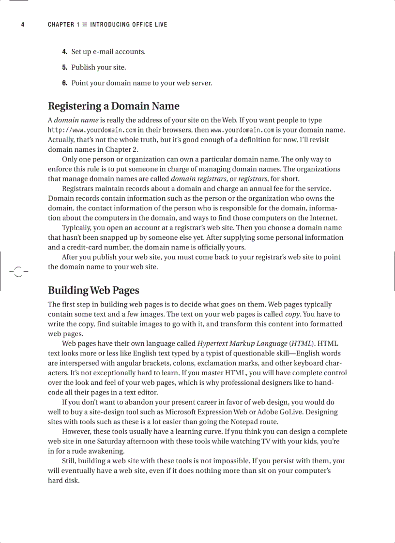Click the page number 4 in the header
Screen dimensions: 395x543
[23, 25]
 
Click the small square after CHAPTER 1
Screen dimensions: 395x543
[85, 25]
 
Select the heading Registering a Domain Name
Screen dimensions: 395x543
[113, 106]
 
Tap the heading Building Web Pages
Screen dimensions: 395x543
[93, 290]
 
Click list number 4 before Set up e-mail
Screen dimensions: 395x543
[64, 52]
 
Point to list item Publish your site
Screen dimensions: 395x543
[98, 67]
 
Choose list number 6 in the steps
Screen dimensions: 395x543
[64, 83]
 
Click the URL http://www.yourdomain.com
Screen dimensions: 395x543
[91, 130]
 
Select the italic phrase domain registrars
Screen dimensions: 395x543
[199, 179]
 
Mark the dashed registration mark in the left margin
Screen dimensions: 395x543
[18, 272]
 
